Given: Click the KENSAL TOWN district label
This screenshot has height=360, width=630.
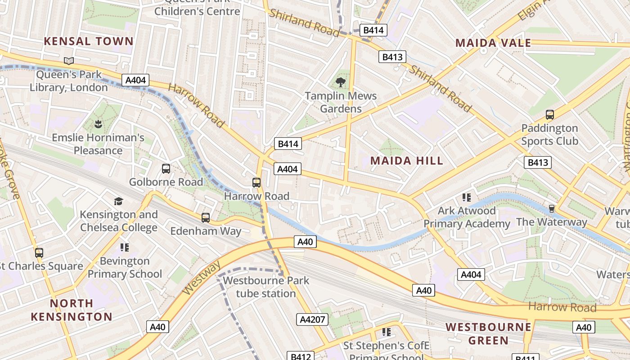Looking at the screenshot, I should coord(89,41).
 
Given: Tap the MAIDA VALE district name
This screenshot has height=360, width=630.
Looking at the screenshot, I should coord(493,43).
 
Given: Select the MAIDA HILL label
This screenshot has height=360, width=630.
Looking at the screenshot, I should coord(406,161).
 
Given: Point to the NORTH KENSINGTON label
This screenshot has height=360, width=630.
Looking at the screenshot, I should coord(72,310).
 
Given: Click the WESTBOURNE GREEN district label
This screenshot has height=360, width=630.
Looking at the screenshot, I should coord(488,333).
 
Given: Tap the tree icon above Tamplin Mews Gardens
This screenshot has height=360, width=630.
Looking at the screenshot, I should coord(341,82).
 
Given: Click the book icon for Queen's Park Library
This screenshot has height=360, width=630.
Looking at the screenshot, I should coord(69,61).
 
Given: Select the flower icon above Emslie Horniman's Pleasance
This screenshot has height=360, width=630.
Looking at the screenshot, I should coord(98,123).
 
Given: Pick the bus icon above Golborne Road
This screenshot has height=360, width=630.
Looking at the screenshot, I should coord(166,169).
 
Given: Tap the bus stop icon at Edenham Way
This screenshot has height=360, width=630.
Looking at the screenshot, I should coord(206,218).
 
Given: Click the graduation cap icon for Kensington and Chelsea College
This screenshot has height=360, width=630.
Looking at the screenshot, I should coord(118,201).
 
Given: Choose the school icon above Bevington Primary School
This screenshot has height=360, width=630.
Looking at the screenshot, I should coord(125,247).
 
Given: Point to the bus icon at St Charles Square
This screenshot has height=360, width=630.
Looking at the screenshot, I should coord(39,253).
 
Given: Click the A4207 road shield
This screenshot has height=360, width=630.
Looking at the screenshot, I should coord(312,319).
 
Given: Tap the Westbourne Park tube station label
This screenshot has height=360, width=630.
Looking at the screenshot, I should coord(266,287).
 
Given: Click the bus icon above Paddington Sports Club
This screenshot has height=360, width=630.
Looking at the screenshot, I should coord(549,115).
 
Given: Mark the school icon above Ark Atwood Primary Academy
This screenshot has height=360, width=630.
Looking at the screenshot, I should coord(466,197).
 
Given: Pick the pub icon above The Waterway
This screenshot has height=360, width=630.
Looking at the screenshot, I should coord(551,208).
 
